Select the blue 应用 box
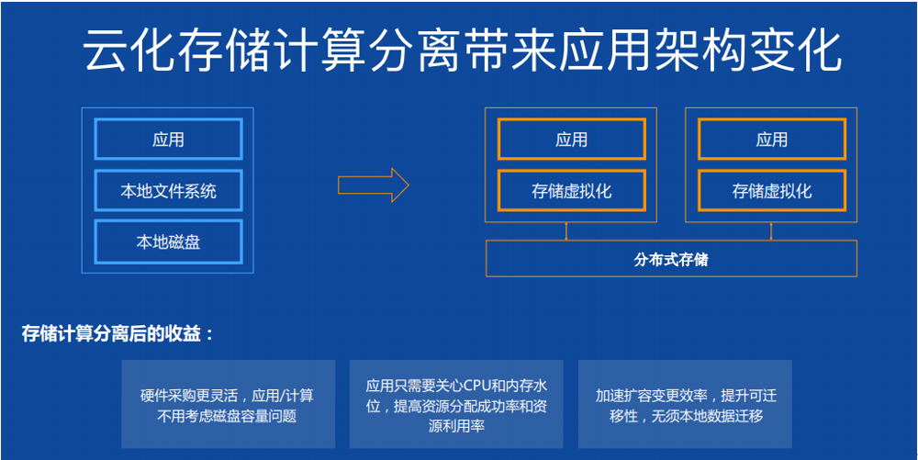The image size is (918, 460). pyautogui.click(x=169, y=140)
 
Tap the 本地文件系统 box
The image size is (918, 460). pyautogui.click(x=169, y=190)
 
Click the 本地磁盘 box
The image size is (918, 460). pyautogui.click(x=169, y=241)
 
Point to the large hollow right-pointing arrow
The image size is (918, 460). pyautogui.click(x=373, y=185)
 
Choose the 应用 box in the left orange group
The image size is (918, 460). pyautogui.click(x=571, y=140)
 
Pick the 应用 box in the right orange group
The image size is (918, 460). pyautogui.click(x=772, y=140)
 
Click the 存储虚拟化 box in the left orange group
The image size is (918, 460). pyautogui.click(x=571, y=191)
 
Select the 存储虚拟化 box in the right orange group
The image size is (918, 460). pyautogui.click(x=772, y=191)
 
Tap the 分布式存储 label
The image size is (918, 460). pyautogui.click(x=671, y=259)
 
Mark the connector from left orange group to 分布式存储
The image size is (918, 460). pyautogui.click(x=566, y=231)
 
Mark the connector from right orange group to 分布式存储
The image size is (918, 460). pyautogui.click(x=771, y=231)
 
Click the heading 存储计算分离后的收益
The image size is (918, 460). pyautogui.click(x=118, y=334)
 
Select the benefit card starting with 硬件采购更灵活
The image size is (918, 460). pyautogui.click(x=229, y=404)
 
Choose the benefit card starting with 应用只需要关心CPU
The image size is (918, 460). pyautogui.click(x=456, y=404)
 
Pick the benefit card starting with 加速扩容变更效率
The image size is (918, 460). pyautogui.click(x=685, y=404)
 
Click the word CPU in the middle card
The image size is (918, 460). pyautogui.click(x=477, y=387)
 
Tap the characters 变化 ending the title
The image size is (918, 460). pyautogui.click(x=794, y=50)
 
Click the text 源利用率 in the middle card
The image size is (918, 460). pyautogui.click(x=456, y=426)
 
